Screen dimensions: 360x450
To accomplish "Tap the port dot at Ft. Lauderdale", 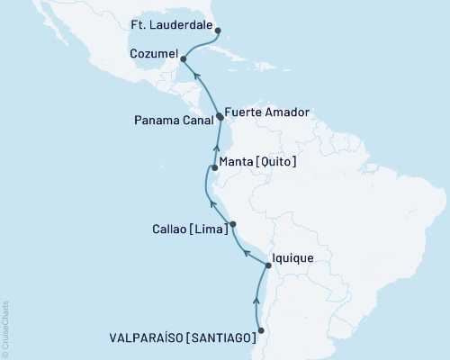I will [219, 30].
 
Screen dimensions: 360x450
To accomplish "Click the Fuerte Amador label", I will [267, 112].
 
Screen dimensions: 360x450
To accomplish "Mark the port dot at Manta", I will [214, 167].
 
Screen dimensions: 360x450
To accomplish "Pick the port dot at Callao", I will [233, 224].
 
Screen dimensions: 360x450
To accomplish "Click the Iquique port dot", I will [268, 265].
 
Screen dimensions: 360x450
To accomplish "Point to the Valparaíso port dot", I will [262, 331].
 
